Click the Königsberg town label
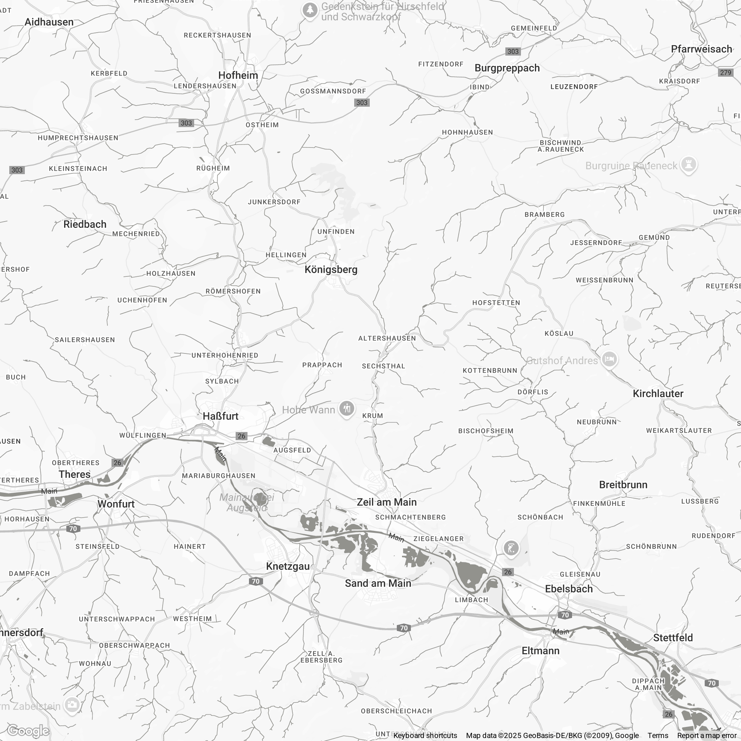click(x=330, y=270)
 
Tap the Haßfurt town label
click(x=220, y=416)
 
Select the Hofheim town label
click(x=238, y=75)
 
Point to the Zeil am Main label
click(x=386, y=502)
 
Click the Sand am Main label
click(x=378, y=584)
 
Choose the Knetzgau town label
click(x=288, y=566)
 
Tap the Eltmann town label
click(x=541, y=651)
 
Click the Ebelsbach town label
click(x=569, y=589)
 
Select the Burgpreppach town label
click(x=507, y=68)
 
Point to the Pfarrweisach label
click(x=701, y=49)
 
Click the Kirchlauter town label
click(x=658, y=393)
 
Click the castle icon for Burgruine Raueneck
click(x=688, y=165)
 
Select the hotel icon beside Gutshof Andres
click(x=609, y=359)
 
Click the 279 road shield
click(x=725, y=73)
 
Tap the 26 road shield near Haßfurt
click(x=241, y=436)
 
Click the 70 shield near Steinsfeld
click(x=73, y=529)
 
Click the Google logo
click(x=28, y=731)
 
